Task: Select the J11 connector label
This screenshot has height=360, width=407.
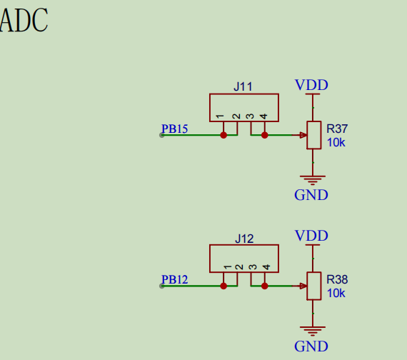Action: (243, 87)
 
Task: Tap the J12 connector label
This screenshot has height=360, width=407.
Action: (244, 239)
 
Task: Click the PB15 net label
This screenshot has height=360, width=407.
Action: (174, 129)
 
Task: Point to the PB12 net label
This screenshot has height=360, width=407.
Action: (174, 280)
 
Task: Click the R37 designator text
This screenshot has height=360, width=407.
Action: (337, 129)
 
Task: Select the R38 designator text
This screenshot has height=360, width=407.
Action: (337, 280)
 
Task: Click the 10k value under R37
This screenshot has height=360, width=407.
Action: (336, 143)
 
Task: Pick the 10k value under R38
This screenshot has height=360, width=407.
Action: (336, 294)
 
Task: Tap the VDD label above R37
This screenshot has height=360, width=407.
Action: (311, 86)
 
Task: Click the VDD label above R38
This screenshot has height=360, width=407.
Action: (311, 236)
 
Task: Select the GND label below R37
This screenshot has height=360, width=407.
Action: (311, 195)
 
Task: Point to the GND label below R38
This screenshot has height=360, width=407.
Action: (311, 346)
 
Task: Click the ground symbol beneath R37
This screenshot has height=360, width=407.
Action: (312, 180)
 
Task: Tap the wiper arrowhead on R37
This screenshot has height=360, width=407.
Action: (303, 135)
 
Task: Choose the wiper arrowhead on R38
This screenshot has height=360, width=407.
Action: (303, 286)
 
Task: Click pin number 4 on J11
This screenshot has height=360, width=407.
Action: (264, 116)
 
